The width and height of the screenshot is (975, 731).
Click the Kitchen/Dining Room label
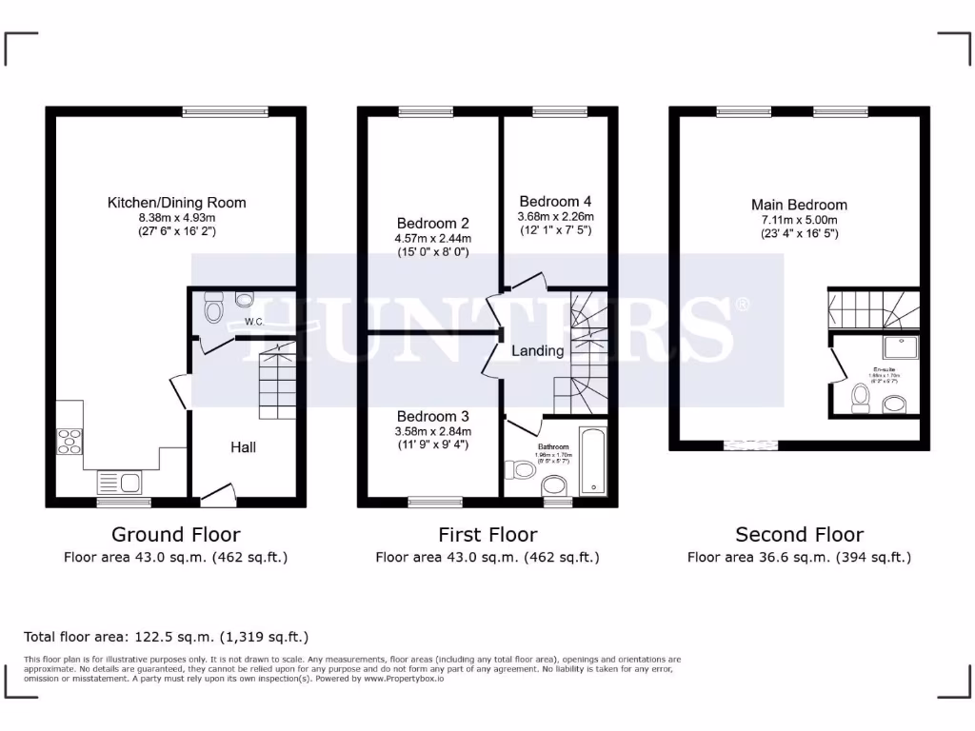coord(176,202)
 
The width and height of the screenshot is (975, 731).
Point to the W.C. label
coord(254,322)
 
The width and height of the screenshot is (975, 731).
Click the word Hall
coord(243,446)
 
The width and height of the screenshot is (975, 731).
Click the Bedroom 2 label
coord(432,223)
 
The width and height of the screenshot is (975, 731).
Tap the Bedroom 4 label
coord(555,202)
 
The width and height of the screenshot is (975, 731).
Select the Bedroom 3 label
coord(432,416)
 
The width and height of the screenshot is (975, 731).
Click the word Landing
coord(538,350)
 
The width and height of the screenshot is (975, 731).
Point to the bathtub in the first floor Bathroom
coord(592,462)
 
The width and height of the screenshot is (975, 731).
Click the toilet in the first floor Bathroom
coord(522,470)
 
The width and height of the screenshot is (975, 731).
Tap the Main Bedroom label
coord(799,205)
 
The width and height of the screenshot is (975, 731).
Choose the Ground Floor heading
coord(176,534)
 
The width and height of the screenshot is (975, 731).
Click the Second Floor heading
coord(799,534)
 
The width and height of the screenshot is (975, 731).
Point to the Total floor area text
coord(166,637)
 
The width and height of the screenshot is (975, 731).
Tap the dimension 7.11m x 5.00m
coord(799,220)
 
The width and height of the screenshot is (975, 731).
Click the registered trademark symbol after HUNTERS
coord(743,305)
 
